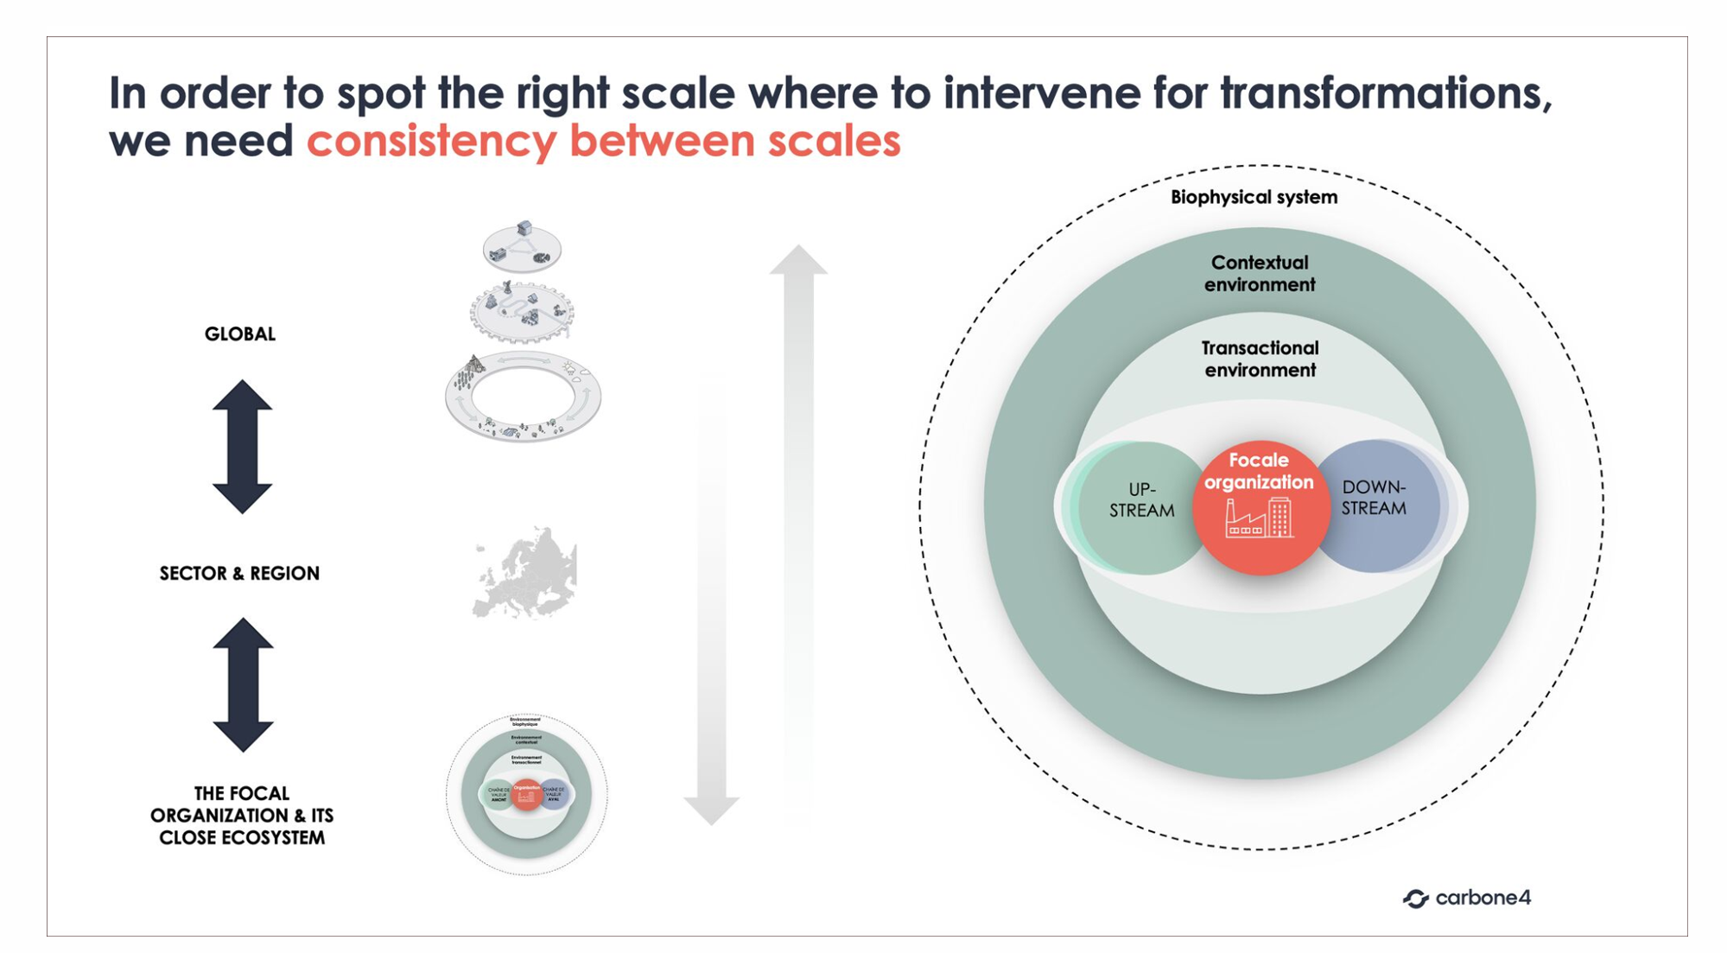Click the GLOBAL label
(x=239, y=334)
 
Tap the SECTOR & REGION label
(x=239, y=573)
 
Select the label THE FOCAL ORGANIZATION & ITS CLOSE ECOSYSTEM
(x=241, y=815)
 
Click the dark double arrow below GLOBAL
(x=242, y=447)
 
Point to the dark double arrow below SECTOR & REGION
(x=243, y=684)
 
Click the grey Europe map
(x=524, y=573)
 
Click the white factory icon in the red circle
(x=1259, y=518)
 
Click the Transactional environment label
(x=1260, y=359)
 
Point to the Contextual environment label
(x=1260, y=273)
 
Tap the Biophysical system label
(x=1254, y=197)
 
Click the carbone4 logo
(x=1466, y=898)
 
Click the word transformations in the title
(x=1386, y=93)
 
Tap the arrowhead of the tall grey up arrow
(x=798, y=260)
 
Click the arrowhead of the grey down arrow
(x=711, y=810)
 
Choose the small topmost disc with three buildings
(x=522, y=246)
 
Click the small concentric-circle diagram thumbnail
(x=526, y=794)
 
